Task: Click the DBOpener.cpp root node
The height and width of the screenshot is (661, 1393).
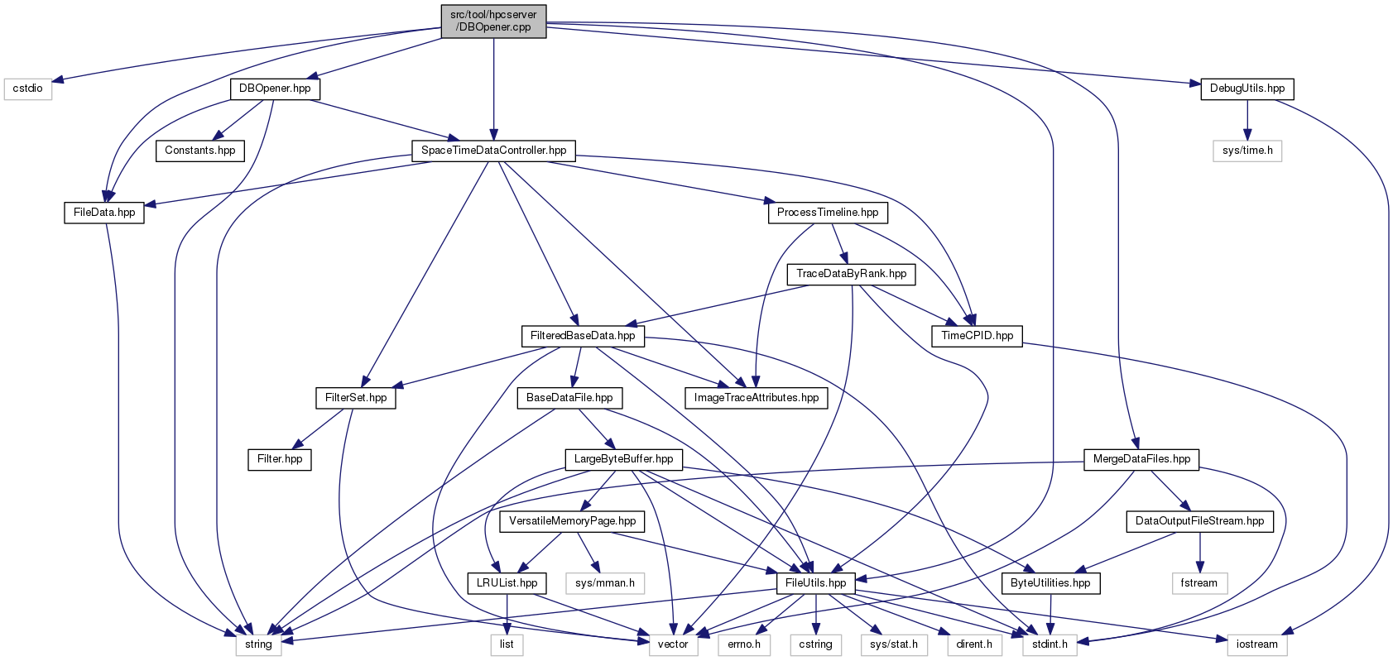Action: tap(493, 21)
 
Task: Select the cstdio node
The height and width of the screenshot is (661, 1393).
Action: tap(28, 89)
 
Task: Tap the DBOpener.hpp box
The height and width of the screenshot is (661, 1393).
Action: tap(275, 89)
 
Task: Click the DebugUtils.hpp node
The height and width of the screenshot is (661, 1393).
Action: tap(1246, 89)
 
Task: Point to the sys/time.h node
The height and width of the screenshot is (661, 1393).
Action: tap(1247, 151)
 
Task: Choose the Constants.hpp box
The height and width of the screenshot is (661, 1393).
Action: tap(199, 151)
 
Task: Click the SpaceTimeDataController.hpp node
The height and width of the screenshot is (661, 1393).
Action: tap(493, 151)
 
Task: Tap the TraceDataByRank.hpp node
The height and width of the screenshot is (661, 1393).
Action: tap(851, 274)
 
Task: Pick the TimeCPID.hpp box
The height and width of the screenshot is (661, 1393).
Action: tap(977, 336)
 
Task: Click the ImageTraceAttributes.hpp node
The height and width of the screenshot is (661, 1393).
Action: tap(756, 398)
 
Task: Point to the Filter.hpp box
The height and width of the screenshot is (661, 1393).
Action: tap(280, 459)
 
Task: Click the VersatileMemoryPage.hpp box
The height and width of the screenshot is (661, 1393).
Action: tap(572, 521)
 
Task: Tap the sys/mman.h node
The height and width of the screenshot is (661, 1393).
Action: tap(604, 583)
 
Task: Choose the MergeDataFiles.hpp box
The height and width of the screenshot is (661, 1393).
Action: tap(1141, 459)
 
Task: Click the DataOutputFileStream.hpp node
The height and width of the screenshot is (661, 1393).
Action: tap(1199, 521)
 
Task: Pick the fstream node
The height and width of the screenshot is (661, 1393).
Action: tap(1198, 583)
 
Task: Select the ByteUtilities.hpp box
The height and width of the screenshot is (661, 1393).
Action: tap(1050, 583)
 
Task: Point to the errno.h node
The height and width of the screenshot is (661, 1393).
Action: tap(744, 644)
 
